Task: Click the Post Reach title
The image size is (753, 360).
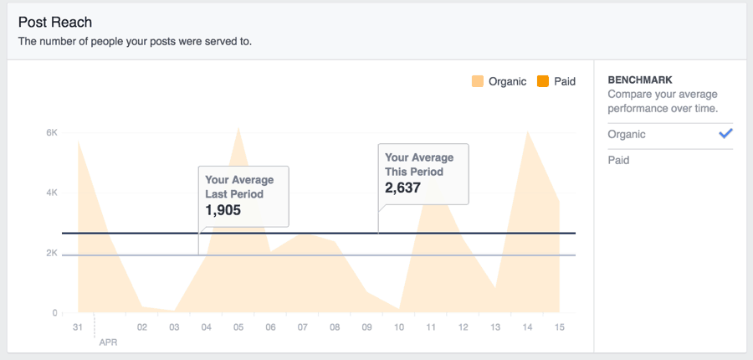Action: pyautogui.click(x=55, y=22)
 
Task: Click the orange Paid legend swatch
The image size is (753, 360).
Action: pyautogui.click(x=543, y=81)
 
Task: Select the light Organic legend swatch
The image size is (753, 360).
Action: pyautogui.click(x=478, y=81)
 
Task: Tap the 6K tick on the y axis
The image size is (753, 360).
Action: pyautogui.click(x=51, y=132)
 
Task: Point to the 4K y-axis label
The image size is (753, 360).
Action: pyautogui.click(x=51, y=193)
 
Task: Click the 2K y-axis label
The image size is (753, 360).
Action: pyautogui.click(x=51, y=253)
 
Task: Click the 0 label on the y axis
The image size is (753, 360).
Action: pyautogui.click(x=54, y=313)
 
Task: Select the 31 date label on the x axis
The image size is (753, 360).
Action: pyautogui.click(x=78, y=327)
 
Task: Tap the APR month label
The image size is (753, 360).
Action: pyautogui.click(x=108, y=342)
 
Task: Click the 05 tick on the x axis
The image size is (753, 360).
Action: pyautogui.click(x=238, y=327)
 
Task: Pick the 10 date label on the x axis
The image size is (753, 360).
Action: pyautogui.click(x=399, y=327)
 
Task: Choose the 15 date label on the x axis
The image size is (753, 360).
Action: pyautogui.click(x=560, y=327)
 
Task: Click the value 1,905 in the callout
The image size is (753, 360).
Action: pyautogui.click(x=223, y=210)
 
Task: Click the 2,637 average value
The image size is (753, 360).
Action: pyautogui.click(x=402, y=188)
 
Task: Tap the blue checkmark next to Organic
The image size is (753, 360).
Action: pyautogui.click(x=725, y=133)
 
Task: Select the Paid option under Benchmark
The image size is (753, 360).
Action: pyautogui.click(x=618, y=160)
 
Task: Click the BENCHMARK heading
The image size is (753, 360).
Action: pyautogui.click(x=640, y=80)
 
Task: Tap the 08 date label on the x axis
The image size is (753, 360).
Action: pyautogui.click(x=335, y=327)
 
